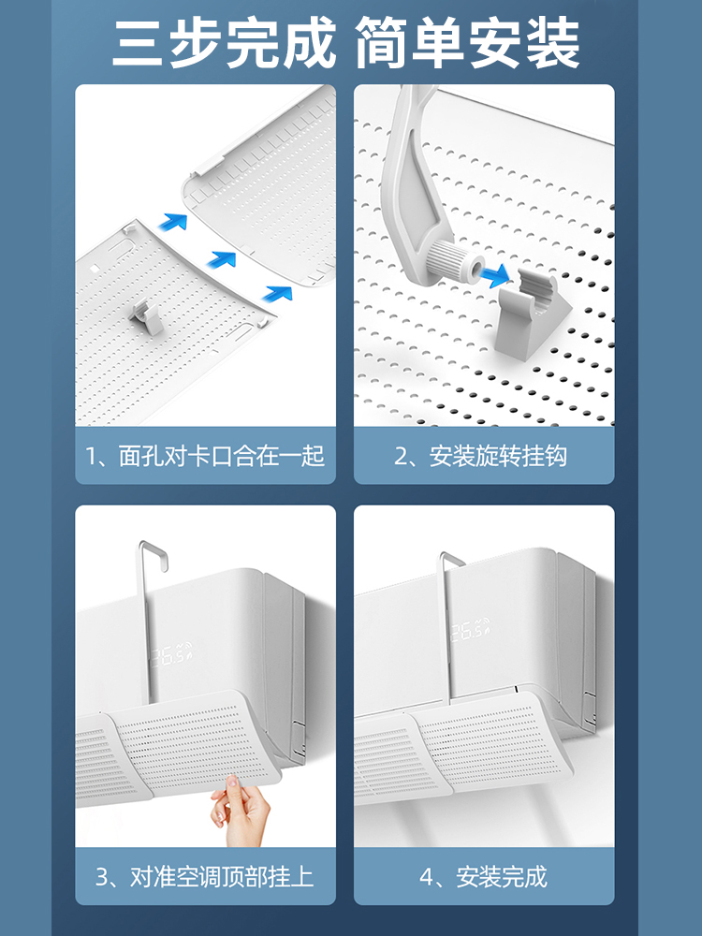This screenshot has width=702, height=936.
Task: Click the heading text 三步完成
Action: (225, 43)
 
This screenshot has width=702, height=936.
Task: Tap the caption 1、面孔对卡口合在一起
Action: (205, 456)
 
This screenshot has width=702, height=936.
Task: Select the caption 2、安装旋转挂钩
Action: (480, 456)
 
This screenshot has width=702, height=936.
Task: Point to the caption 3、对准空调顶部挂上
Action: (205, 877)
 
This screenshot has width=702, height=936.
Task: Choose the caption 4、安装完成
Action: (484, 877)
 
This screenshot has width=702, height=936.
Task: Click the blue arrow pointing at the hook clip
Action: (495, 275)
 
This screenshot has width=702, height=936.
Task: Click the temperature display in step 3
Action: (172, 656)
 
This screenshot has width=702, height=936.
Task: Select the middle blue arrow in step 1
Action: (223, 259)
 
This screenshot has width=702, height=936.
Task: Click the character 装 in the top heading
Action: (553, 43)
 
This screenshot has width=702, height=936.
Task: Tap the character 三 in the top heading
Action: (139, 43)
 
